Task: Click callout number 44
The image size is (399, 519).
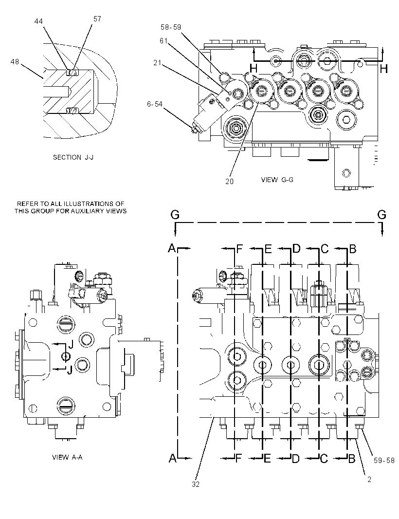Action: [38, 21]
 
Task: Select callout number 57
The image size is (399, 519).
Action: [97, 19]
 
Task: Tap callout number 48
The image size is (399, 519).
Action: [15, 61]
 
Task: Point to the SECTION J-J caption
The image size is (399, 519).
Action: [73, 158]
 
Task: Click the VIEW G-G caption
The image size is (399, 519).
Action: [277, 180]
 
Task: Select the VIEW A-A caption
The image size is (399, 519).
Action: [67, 457]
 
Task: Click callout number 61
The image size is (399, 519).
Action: [163, 41]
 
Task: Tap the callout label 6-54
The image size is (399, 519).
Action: [155, 104]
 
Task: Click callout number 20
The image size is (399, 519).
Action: [229, 181]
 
